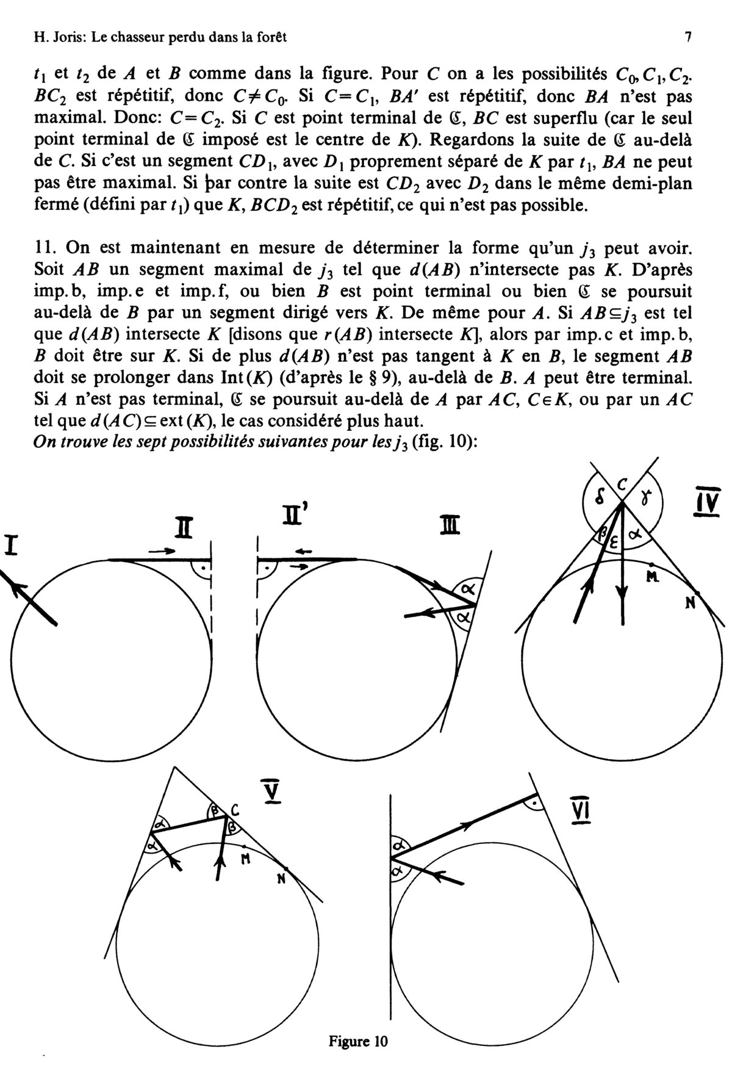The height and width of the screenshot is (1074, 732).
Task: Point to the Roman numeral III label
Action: coord(452,525)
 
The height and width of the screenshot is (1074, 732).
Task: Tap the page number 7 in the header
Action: coord(688,38)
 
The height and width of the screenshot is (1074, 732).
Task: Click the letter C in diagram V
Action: coord(235,810)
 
